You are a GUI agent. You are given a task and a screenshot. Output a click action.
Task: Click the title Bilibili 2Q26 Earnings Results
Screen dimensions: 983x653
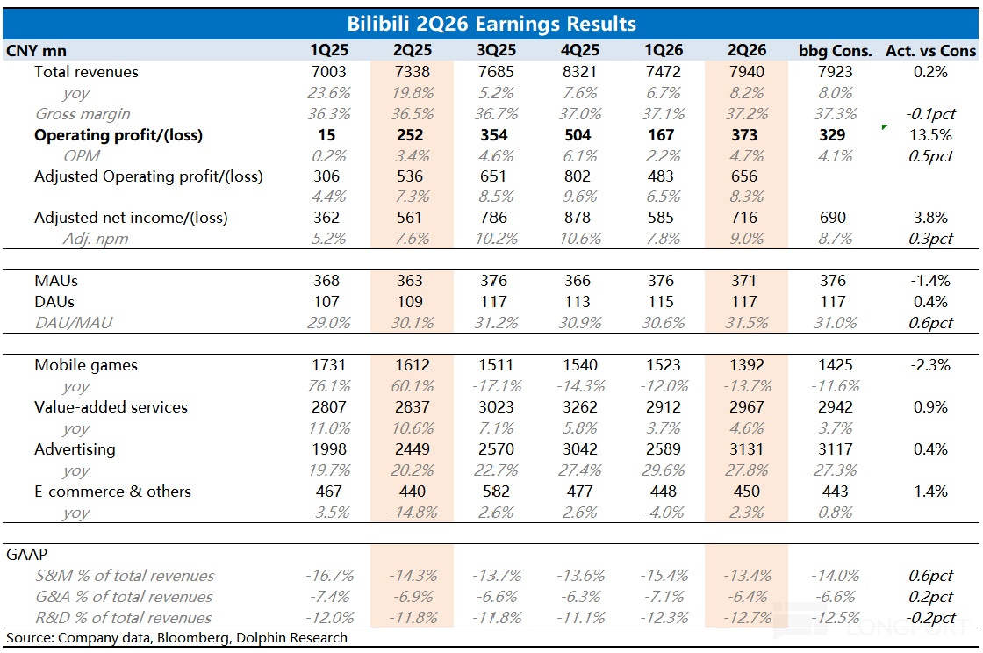coord(491,24)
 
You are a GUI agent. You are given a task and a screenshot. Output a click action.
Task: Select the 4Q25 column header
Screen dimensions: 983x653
coord(580,50)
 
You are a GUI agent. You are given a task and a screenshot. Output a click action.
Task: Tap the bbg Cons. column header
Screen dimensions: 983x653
coord(835,51)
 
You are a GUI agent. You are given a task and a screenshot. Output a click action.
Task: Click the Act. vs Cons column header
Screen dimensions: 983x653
coord(931,51)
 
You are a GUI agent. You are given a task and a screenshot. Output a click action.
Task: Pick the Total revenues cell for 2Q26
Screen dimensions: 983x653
coord(747,72)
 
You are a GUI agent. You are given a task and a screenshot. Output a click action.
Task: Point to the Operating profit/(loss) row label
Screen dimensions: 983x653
coord(118,135)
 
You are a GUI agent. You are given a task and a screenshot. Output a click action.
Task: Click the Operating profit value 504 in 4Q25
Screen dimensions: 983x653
coord(578,135)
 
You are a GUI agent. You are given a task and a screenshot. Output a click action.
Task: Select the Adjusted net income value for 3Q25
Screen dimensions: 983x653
coord(494,218)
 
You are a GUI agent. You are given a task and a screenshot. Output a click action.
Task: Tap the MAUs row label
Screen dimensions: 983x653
coord(56,281)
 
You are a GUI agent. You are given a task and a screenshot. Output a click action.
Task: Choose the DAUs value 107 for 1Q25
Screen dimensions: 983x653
coord(326,302)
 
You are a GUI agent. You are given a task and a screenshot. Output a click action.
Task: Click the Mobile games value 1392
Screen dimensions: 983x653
coord(747,365)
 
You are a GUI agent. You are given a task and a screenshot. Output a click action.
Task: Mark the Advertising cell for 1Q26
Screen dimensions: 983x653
coord(664,449)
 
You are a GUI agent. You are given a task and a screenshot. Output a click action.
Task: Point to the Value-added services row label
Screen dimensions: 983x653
coord(111,407)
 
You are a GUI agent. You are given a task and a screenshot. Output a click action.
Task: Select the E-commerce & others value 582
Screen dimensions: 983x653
coord(496,492)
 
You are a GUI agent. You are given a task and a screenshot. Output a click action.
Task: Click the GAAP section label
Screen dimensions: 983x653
coord(26,555)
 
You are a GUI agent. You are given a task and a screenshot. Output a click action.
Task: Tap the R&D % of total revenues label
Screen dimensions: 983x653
coord(124,618)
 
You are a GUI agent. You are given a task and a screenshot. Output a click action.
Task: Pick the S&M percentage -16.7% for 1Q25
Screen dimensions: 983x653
coord(330,575)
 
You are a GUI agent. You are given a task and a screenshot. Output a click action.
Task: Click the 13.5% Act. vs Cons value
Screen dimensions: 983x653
coord(930,135)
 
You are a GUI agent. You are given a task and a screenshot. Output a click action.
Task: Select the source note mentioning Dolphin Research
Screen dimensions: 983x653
coord(176,638)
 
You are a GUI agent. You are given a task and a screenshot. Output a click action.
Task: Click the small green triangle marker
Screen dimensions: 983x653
coord(884,127)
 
